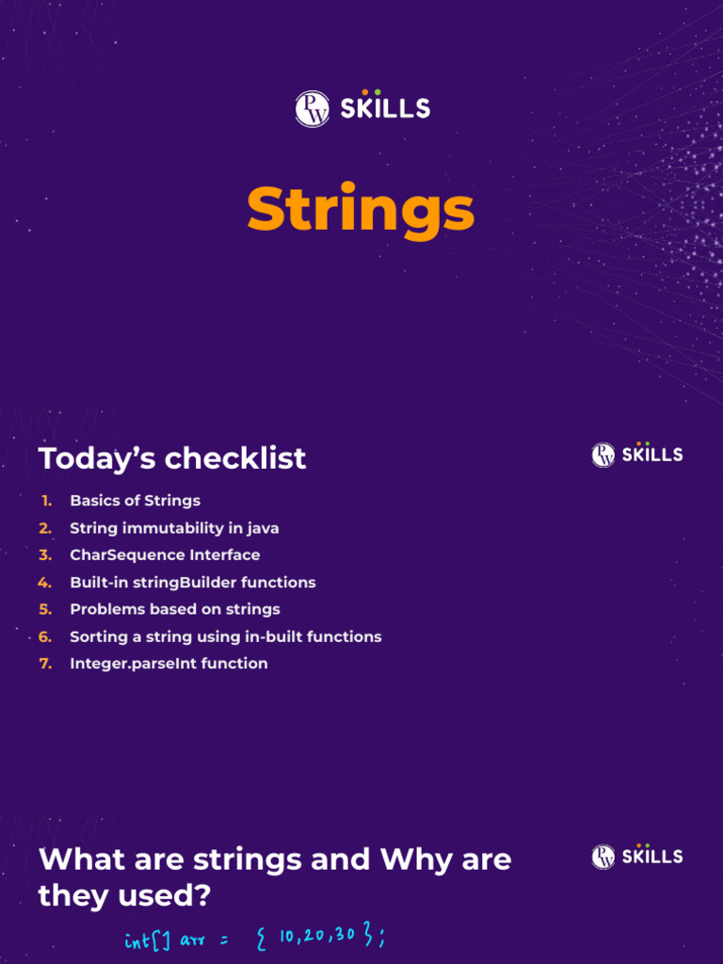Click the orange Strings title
click(361, 209)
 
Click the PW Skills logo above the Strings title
click(361, 108)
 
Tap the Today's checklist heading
click(172, 458)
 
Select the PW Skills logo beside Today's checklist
click(637, 455)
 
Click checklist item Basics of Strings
click(135, 501)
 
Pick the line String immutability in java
click(174, 528)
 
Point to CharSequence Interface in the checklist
click(165, 555)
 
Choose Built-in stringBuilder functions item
click(193, 583)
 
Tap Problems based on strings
click(175, 609)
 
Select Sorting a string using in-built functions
click(226, 636)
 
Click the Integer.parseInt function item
click(169, 664)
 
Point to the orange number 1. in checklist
click(46, 501)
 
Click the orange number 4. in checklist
click(44, 583)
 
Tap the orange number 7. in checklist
click(45, 664)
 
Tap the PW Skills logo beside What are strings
click(637, 856)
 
